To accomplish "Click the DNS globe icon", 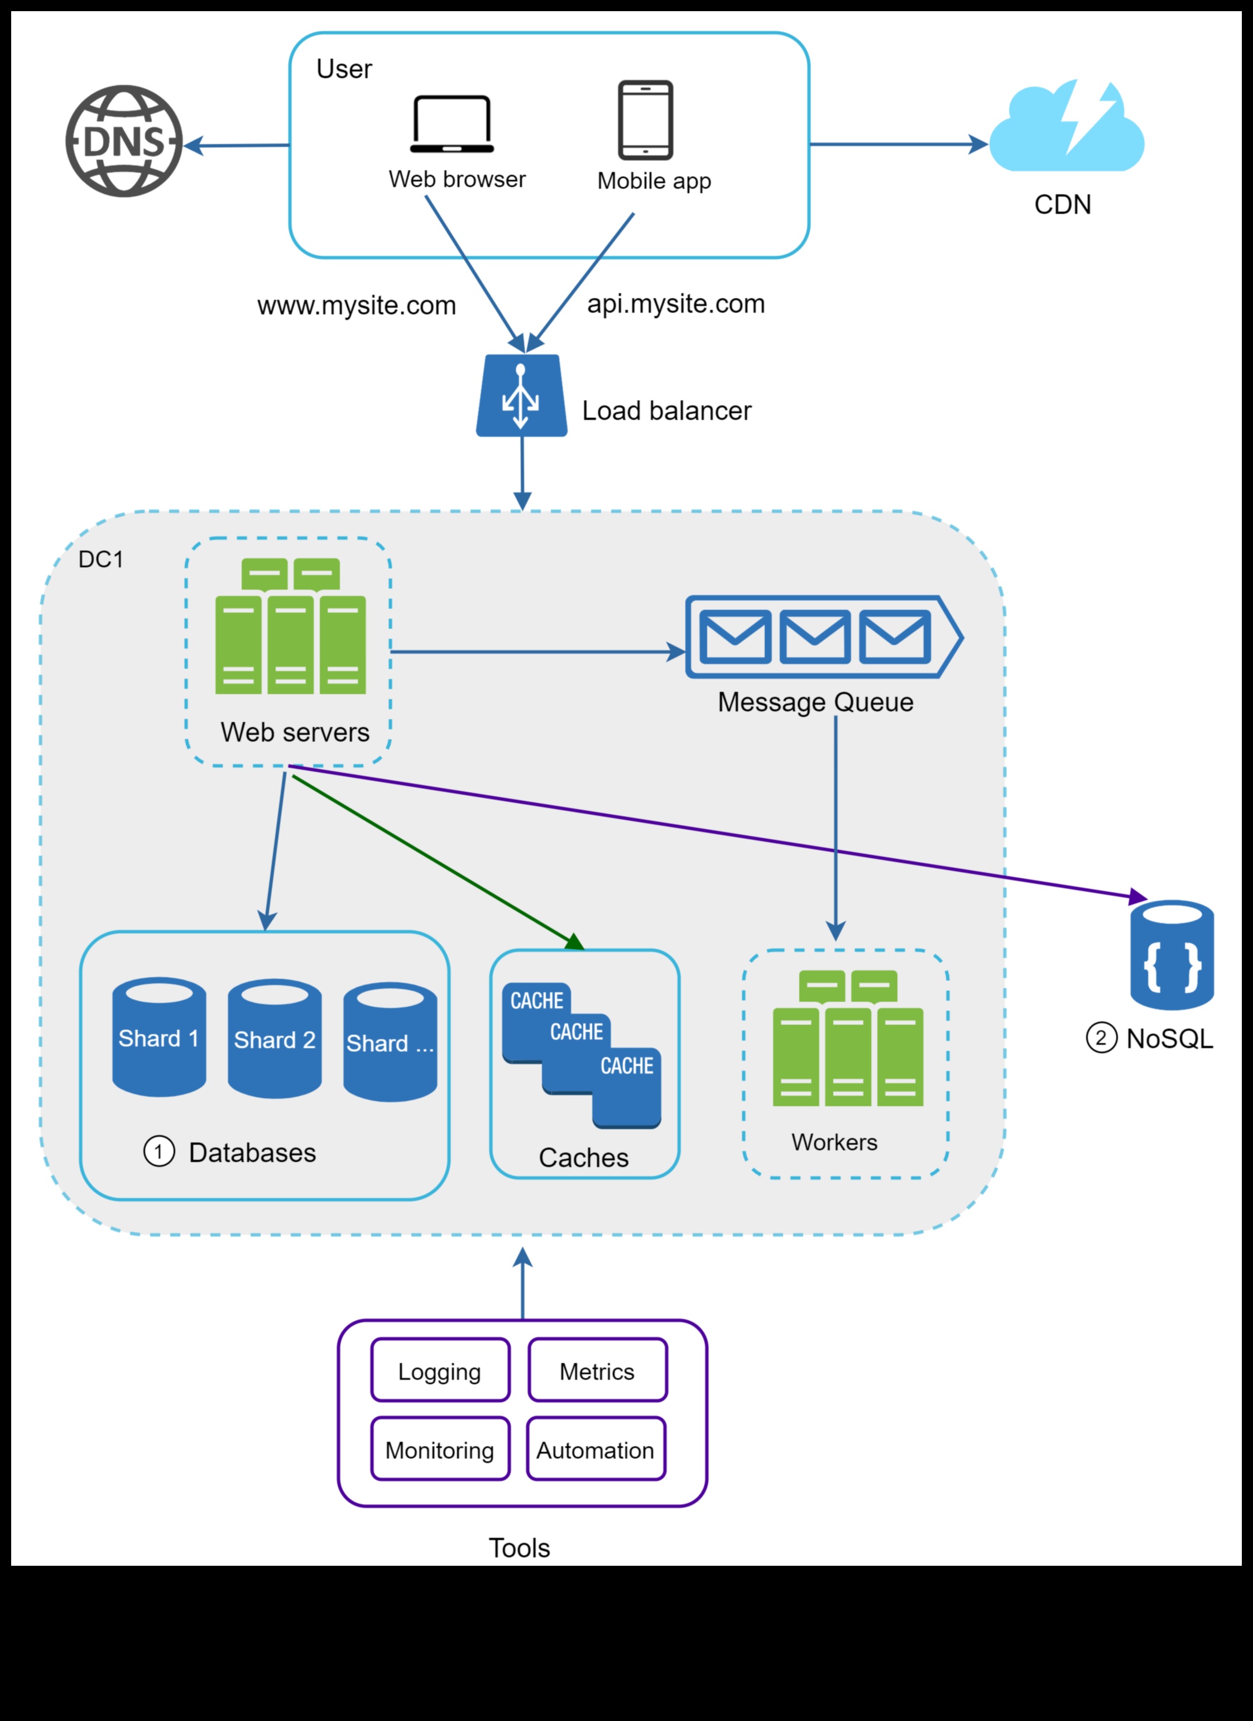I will click(124, 141).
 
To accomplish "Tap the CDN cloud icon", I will click(1067, 127).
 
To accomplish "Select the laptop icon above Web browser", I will click(452, 124).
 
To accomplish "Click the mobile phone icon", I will click(645, 120).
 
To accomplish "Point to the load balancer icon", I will click(522, 396).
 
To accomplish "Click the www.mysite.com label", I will click(357, 306).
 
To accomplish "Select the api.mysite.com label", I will click(676, 304).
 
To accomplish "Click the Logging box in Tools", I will click(440, 1372).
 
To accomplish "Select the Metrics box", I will click(598, 1372).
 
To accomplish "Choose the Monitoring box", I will click(440, 1450).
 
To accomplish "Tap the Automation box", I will click(596, 1450).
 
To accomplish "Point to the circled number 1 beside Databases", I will click(159, 1152).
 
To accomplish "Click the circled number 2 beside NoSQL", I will click(1101, 1038).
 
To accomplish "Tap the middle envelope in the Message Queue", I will click(815, 637).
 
